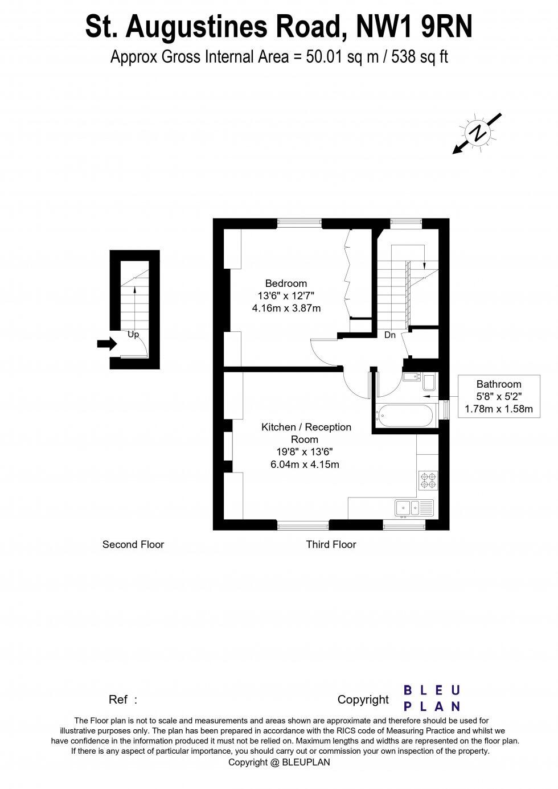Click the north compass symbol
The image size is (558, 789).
click(477, 133)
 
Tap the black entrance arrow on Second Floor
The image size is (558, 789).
click(106, 344)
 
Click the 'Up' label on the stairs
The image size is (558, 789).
click(133, 335)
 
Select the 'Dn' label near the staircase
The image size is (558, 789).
click(389, 335)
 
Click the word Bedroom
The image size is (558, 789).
click(286, 283)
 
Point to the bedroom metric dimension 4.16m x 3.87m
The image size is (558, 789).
click(286, 309)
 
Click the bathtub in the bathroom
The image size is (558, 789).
click(406, 416)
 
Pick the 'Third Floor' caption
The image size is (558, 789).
click(331, 545)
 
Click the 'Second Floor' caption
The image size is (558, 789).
click(133, 545)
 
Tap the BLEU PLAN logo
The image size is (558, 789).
click(432, 698)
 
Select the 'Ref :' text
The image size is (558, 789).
click(123, 700)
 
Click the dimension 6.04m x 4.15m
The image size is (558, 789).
click(305, 465)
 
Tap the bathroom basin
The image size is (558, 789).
click(411, 376)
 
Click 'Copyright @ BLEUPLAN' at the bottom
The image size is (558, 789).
click(279, 762)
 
